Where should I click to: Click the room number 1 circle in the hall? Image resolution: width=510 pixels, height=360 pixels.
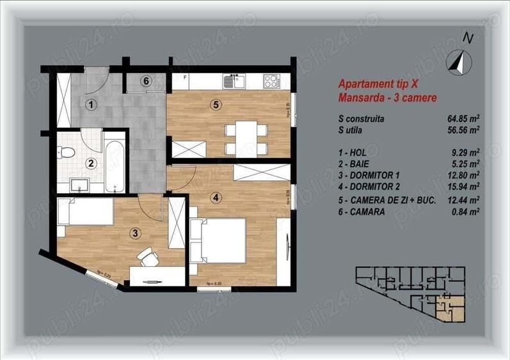point(92,104)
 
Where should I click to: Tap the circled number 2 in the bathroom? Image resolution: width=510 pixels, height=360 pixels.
point(92,163)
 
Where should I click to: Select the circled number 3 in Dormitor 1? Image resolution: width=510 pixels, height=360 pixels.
point(135,233)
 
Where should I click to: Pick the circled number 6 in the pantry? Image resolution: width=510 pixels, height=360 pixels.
point(145,81)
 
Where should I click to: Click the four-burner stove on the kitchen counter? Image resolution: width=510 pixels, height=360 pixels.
point(271,81)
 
